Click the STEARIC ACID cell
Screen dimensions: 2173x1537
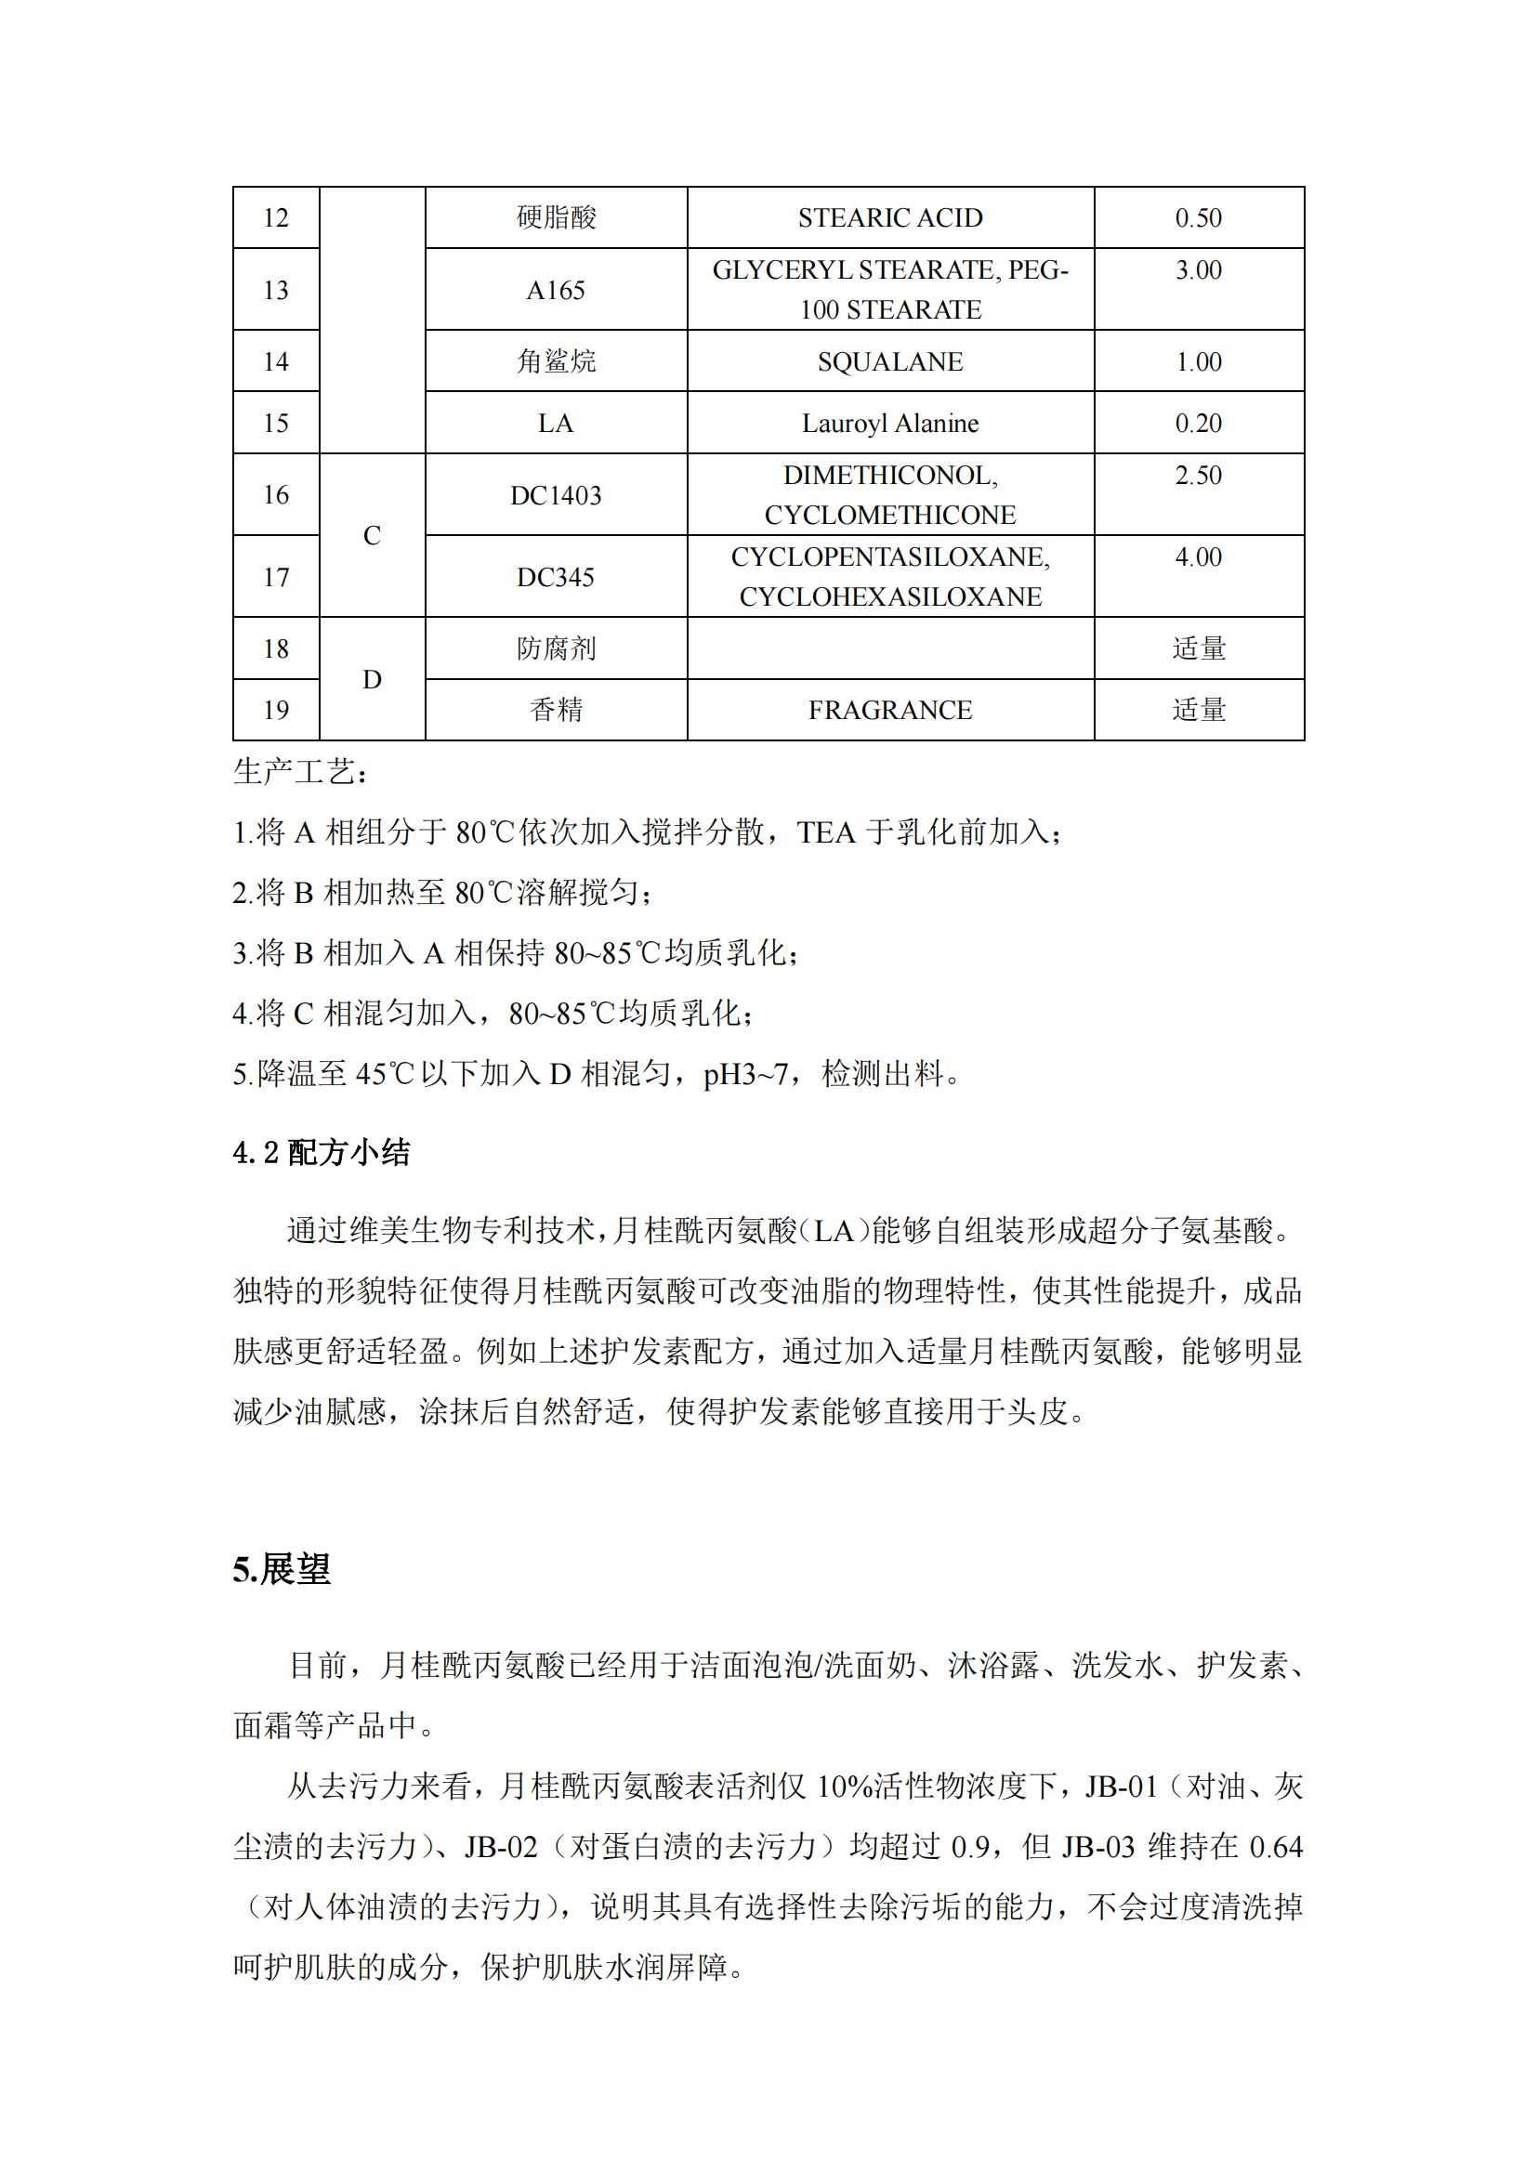[x=889, y=217]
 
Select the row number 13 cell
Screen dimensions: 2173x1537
[x=275, y=290]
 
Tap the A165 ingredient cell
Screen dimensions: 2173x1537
[x=556, y=290]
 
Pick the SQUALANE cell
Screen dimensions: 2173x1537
[x=889, y=361]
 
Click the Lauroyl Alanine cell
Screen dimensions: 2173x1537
[x=889, y=423]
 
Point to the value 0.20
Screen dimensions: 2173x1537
[x=1198, y=423]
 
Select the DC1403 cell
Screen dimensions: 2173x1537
[x=556, y=495]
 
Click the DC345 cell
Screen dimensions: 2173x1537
[x=556, y=577]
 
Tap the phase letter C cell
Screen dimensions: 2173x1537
[x=372, y=536]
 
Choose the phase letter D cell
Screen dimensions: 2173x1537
[x=372, y=679]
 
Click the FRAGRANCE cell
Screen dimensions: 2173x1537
[x=889, y=710]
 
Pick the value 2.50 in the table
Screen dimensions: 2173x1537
[x=1198, y=475]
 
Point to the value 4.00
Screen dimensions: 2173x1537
[x=1198, y=556]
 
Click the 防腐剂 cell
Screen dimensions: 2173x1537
[x=556, y=648]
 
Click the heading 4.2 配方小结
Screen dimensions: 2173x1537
[x=321, y=1152]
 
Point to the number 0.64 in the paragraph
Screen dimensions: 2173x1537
[x=1276, y=1847]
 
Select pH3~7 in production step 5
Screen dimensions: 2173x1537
[x=745, y=1074]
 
